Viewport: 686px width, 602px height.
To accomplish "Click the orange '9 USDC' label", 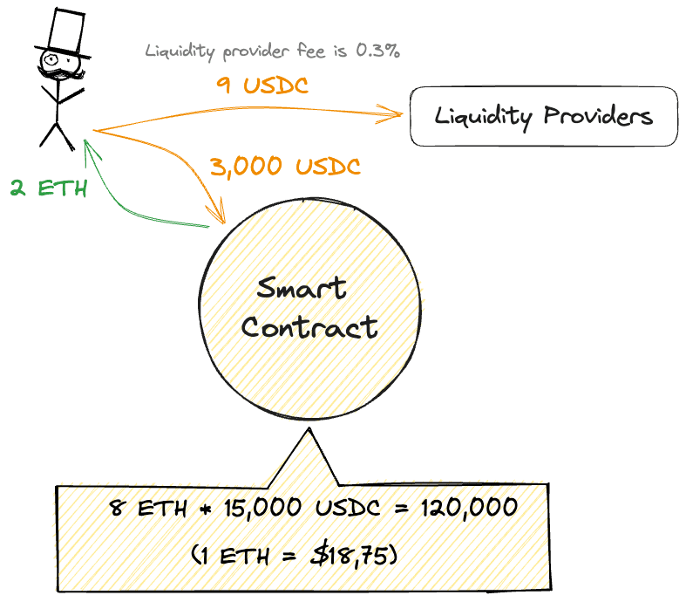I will click(x=261, y=86).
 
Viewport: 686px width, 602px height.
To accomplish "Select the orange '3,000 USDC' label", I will click(x=284, y=166).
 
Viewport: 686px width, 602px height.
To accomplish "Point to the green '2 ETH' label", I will click(x=49, y=188).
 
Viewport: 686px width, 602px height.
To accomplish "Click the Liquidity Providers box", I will click(x=543, y=116).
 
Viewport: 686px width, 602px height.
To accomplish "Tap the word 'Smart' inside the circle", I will click(x=302, y=289).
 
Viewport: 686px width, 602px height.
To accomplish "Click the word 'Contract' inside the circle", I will click(x=309, y=327).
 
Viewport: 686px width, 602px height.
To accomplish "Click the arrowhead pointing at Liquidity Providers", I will click(x=394, y=113).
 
